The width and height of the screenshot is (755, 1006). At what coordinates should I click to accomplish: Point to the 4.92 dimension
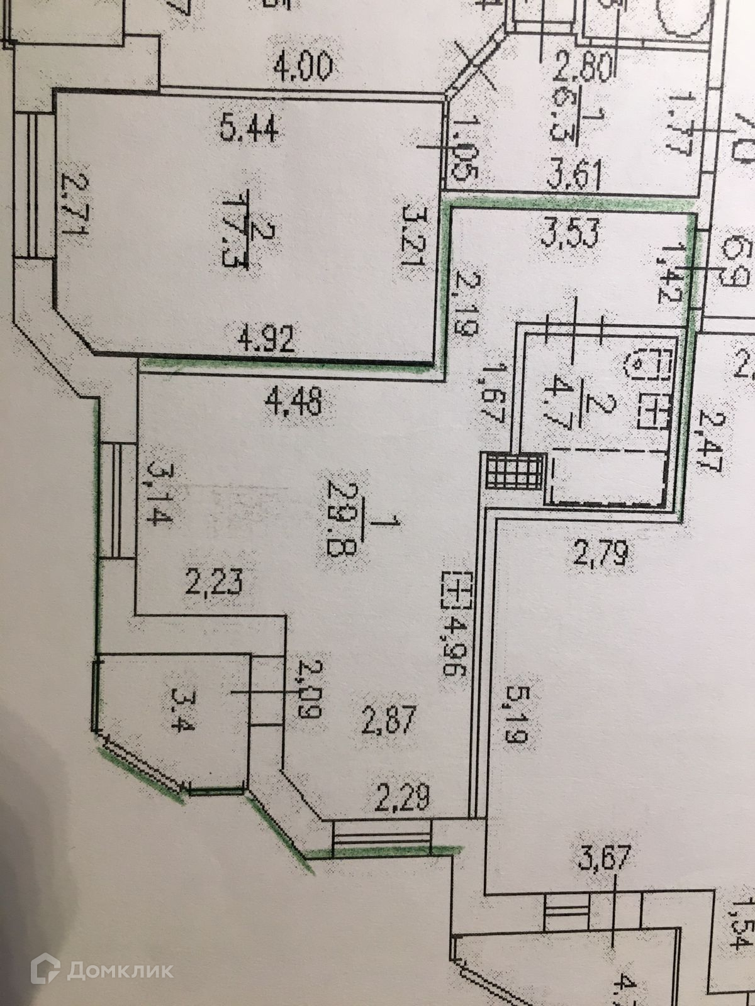pyautogui.click(x=267, y=343)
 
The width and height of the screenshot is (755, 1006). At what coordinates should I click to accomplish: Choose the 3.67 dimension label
pyautogui.click(x=603, y=858)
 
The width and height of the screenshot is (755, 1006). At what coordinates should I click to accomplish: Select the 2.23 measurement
pyautogui.click(x=214, y=581)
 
